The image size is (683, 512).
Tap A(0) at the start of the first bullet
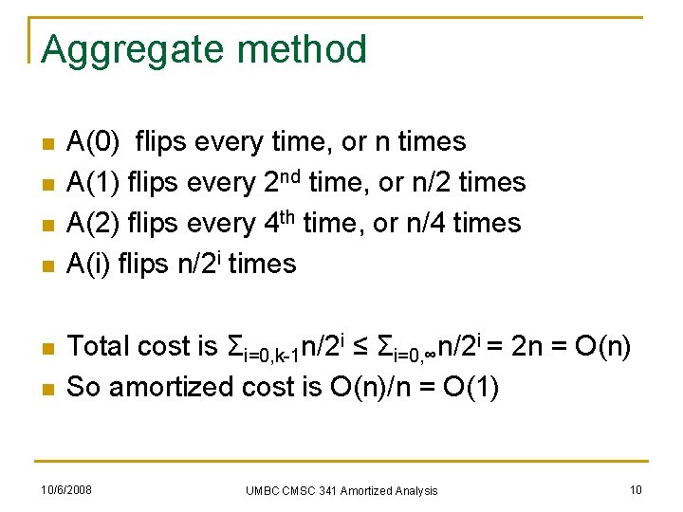click(94, 142)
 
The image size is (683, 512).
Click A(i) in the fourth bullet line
click(88, 264)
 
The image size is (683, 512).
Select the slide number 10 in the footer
click(635, 489)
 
